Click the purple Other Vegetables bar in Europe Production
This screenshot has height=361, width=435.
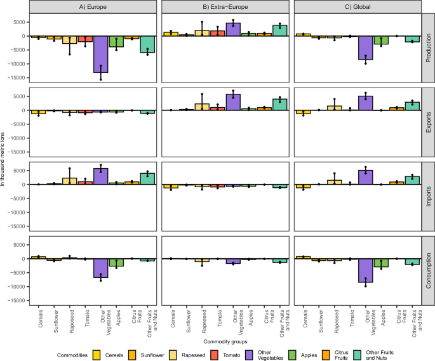coord(100,54)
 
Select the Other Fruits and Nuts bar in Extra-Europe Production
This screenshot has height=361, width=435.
coord(262,30)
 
